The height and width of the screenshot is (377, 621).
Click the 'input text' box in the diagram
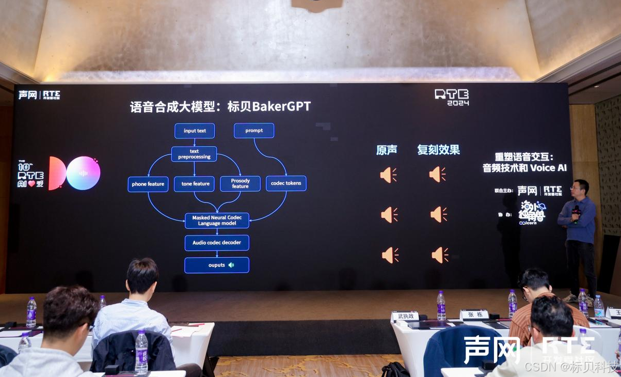click(x=195, y=131)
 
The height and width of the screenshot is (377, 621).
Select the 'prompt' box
click(x=254, y=131)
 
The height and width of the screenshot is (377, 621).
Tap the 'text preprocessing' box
click(x=194, y=154)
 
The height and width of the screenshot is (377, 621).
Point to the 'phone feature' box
click(x=148, y=184)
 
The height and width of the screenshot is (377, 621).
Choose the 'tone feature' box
click(x=195, y=184)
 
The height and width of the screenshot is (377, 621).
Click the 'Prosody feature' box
click(x=240, y=183)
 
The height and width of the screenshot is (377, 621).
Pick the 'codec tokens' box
click(x=286, y=183)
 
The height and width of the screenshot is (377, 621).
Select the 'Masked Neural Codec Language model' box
click(x=217, y=221)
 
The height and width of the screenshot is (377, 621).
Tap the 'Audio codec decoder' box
click(x=217, y=243)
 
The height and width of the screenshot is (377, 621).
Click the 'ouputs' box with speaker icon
click(x=217, y=265)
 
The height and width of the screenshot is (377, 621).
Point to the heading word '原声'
click(x=387, y=150)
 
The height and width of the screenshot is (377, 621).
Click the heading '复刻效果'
click(x=438, y=150)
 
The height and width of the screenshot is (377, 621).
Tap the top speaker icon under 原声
click(x=388, y=175)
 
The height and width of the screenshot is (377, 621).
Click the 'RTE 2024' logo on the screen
click(x=451, y=97)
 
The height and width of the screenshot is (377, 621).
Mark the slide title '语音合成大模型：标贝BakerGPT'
click(x=220, y=107)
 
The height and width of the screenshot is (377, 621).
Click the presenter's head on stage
click(x=581, y=187)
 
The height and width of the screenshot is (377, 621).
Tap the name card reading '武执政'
click(x=405, y=316)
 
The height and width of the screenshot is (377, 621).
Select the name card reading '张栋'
click(x=474, y=314)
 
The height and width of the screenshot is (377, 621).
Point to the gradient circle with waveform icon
click(x=83, y=173)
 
